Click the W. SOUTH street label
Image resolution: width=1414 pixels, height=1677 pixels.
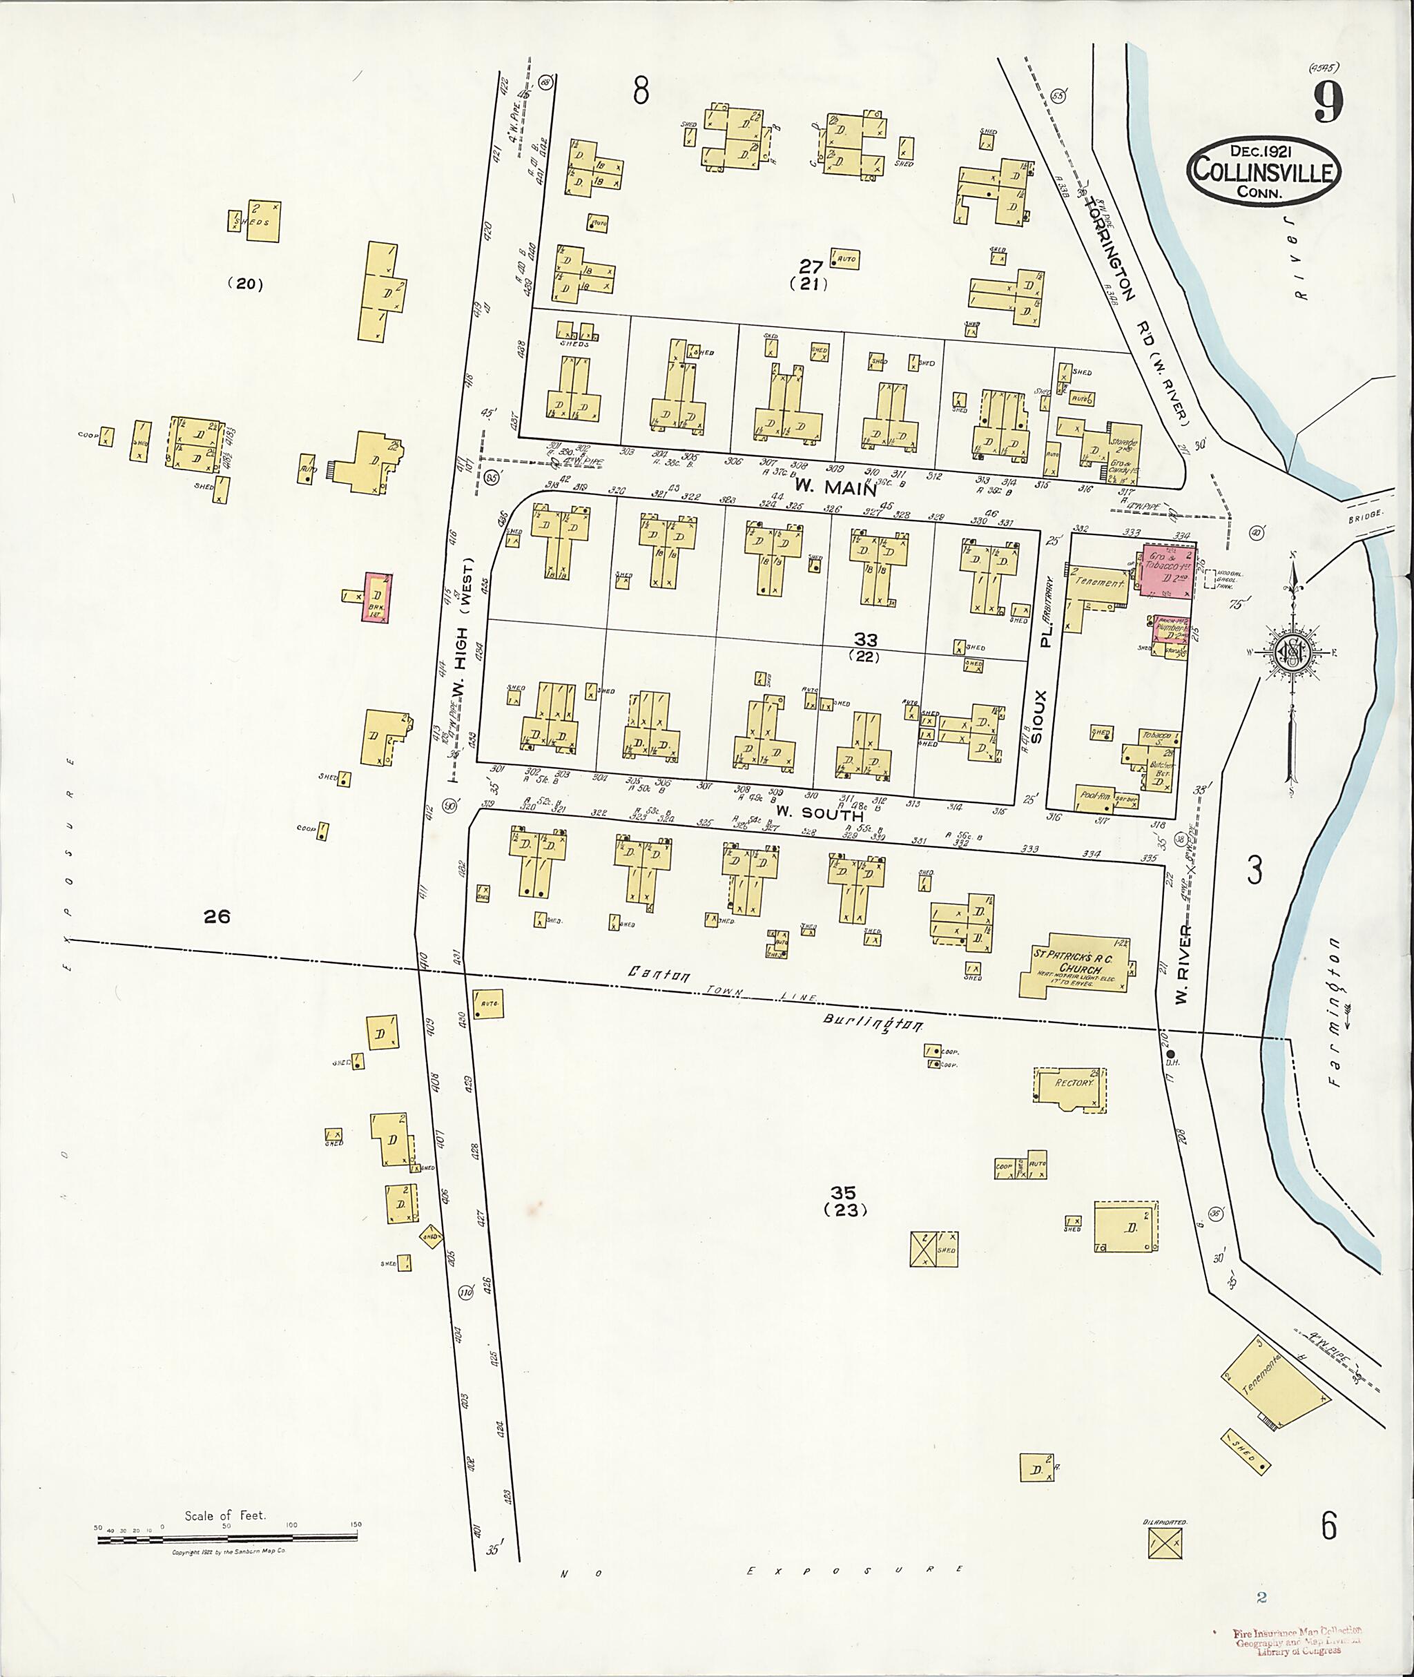click(x=818, y=815)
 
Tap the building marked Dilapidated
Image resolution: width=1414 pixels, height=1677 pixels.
click(x=1165, y=1541)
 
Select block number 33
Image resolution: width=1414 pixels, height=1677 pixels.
click(x=865, y=640)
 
